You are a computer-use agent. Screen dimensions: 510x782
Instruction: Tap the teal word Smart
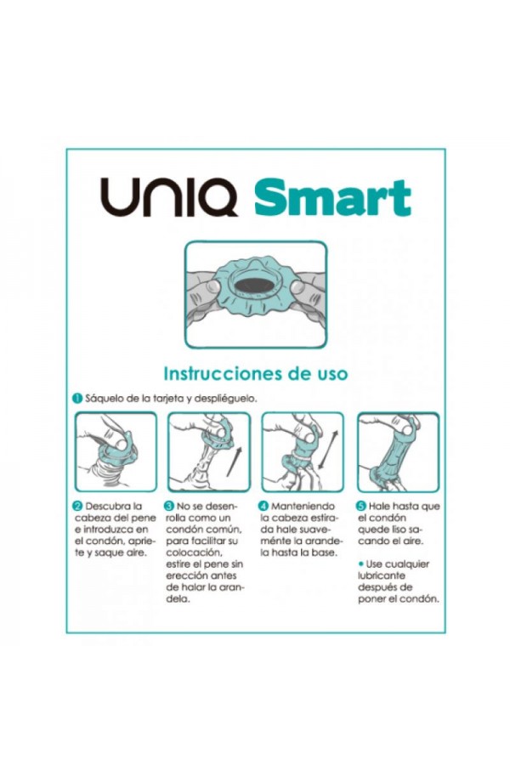(332, 197)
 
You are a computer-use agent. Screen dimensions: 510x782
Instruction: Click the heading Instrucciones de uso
(255, 373)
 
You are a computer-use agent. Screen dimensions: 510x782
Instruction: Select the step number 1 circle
(76, 399)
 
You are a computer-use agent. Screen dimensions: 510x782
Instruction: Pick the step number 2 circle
(77, 507)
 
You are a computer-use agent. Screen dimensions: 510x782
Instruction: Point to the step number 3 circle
(169, 507)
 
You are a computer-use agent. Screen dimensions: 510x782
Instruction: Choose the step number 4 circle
(264, 507)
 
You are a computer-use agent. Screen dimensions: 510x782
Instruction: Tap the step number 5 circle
(360, 507)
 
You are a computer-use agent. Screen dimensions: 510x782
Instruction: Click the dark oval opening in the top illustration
(255, 286)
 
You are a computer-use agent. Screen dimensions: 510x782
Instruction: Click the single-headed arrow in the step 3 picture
(234, 462)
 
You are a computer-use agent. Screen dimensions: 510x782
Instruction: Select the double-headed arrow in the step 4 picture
(327, 450)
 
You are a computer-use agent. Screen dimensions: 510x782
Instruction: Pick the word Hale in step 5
(379, 507)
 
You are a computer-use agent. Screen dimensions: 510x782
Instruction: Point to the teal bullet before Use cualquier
(361, 564)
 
